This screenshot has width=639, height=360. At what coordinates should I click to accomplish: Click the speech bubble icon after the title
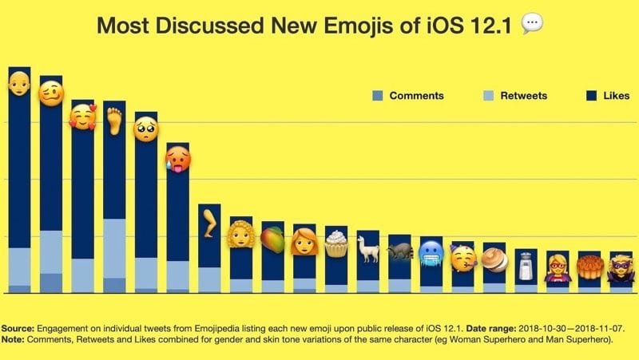pyautogui.click(x=531, y=25)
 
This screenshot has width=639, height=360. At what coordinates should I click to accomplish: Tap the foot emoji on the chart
pyautogui.click(x=114, y=121)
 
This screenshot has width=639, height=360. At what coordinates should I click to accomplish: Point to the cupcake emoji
pyautogui.click(x=336, y=243)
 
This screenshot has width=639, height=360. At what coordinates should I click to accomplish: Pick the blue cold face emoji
pyautogui.click(x=431, y=253)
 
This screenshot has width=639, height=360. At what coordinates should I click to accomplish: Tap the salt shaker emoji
pyautogui.click(x=526, y=266)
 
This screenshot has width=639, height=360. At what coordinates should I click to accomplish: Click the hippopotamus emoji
pyautogui.click(x=399, y=251)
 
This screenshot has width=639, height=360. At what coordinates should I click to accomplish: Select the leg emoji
pyautogui.click(x=209, y=223)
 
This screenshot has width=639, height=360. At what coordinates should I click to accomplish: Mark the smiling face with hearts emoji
pyautogui.click(x=82, y=117)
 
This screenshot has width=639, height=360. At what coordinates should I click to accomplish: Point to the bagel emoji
pyautogui.click(x=494, y=260)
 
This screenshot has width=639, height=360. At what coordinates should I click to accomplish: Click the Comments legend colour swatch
pyautogui.click(x=378, y=96)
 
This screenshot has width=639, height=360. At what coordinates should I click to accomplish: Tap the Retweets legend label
pyautogui.click(x=523, y=96)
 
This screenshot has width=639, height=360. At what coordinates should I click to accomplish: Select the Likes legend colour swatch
pyautogui.click(x=592, y=96)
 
